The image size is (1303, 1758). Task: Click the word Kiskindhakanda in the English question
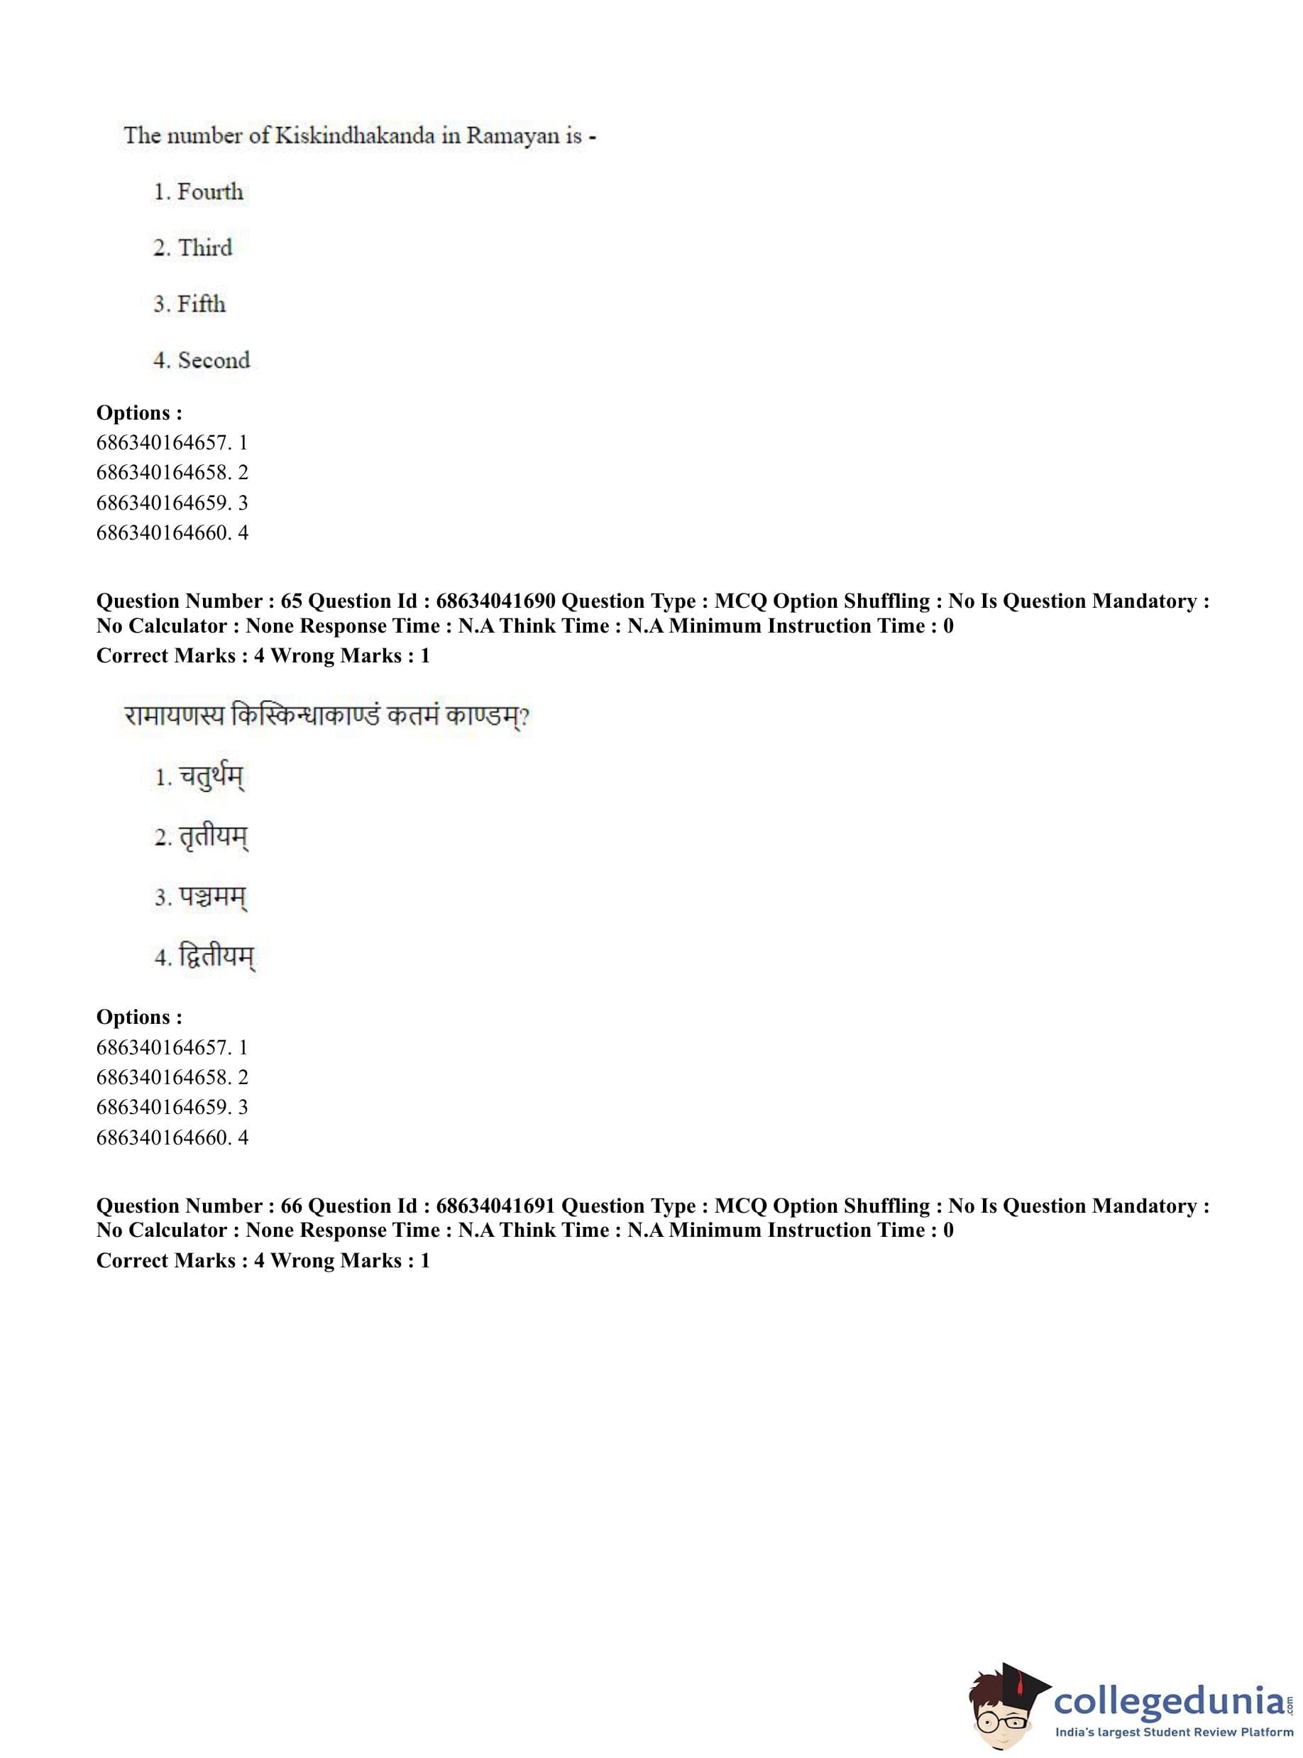(354, 136)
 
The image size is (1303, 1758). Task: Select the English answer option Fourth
(209, 192)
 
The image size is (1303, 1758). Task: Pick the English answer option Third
(204, 248)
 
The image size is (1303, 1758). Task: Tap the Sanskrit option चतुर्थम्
(211, 778)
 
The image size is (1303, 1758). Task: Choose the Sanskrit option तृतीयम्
(213, 837)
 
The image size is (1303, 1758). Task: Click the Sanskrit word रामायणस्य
(174, 716)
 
